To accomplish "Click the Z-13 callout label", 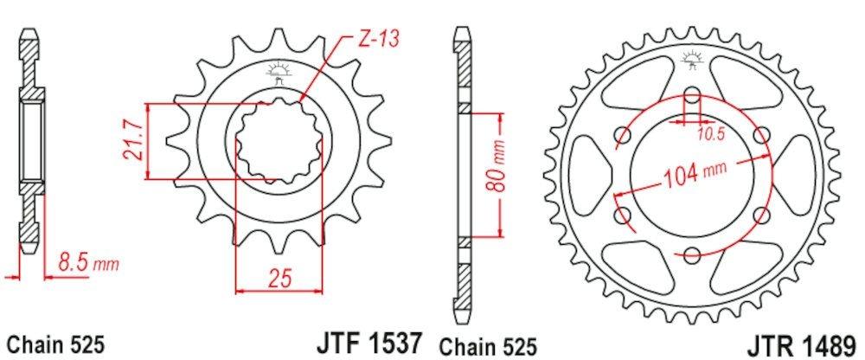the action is coord(378,39).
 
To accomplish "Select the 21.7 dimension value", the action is coord(134,141).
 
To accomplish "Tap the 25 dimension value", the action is coord(279,278).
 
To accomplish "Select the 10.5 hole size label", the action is coord(711,135).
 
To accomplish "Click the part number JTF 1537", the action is coord(368,344).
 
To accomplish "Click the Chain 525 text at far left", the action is coord(55,345).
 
